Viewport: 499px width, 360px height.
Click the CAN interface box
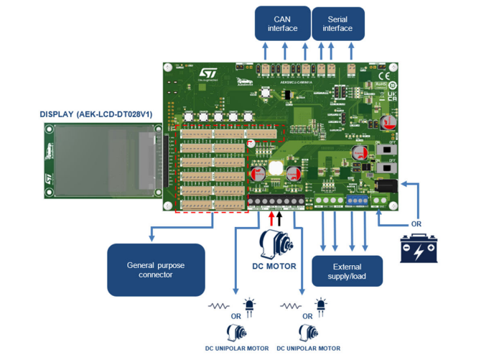281,24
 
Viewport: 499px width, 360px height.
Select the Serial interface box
337,24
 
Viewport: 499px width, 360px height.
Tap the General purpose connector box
156,269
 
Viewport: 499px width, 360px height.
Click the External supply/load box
347,269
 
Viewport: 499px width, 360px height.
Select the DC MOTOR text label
274,266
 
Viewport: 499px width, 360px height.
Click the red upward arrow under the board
271,217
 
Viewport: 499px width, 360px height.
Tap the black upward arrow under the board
279,217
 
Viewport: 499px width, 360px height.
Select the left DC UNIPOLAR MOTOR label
237,349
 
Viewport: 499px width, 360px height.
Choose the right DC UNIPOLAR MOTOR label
309,349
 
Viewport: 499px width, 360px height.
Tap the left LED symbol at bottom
250,307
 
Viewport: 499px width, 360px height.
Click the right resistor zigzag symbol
290,306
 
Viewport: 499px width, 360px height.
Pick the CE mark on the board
384,74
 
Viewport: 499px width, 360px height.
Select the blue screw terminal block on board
357,200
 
